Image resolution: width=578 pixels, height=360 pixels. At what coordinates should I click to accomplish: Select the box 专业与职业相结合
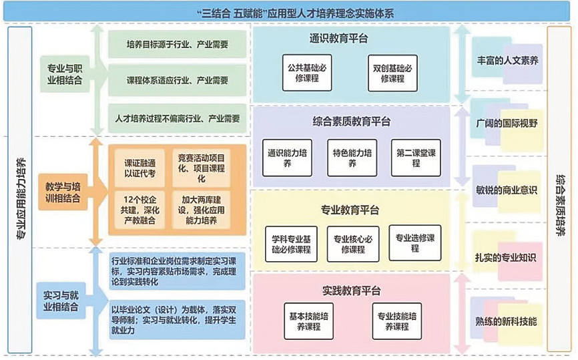tap(62, 73)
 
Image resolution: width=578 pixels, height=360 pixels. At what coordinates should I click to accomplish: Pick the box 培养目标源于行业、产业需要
tap(177, 45)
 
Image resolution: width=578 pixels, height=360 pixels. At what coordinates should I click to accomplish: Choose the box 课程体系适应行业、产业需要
tap(177, 81)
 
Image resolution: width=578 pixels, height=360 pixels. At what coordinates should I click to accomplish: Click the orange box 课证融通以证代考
tap(137, 167)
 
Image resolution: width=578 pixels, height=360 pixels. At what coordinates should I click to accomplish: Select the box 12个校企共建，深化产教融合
tap(137, 209)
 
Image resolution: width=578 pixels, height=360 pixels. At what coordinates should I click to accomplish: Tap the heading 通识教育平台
tap(339, 39)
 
